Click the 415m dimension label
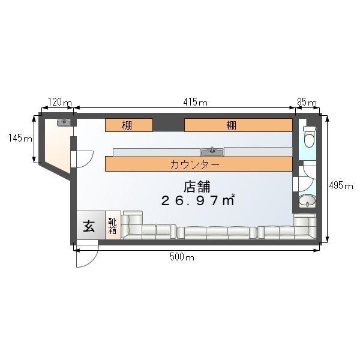(195, 102)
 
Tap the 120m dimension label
(60, 102)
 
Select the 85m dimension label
(307, 102)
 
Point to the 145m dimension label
(20, 138)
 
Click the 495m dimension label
(341, 185)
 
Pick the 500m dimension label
(182, 257)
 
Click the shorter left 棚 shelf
(129, 125)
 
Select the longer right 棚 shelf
(238, 125)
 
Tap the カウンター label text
(195, 164)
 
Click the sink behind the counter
(212, 152)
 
